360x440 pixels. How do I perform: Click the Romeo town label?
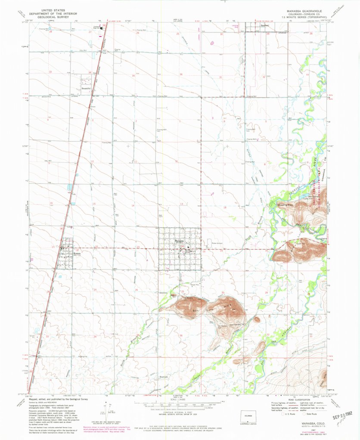click(x=65, y=254)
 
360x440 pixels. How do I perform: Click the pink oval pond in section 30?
click(x=212, y=43)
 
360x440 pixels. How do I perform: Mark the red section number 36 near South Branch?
click(x=181, y=335)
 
